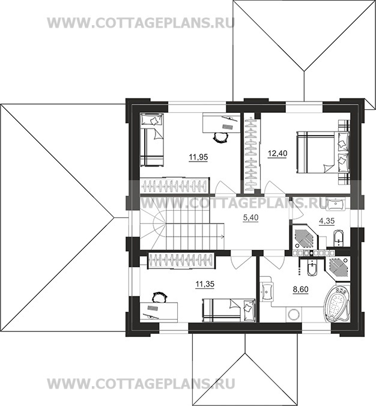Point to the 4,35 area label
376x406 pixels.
coord(326,221)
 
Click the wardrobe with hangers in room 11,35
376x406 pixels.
coord(180,261)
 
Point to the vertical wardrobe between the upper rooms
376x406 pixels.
coord(252,153)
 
